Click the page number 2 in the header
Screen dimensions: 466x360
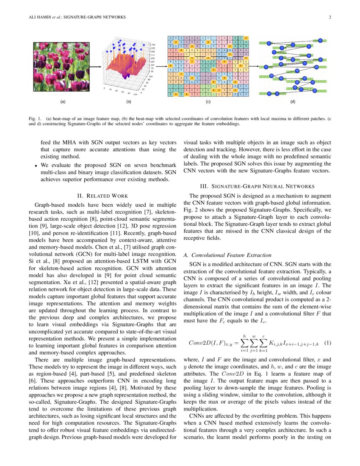click(x=330, y=17)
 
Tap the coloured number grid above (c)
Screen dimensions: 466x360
click(x=208, y=67)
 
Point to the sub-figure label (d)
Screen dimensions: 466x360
click(x=293, y=102)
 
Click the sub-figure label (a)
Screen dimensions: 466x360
click(x=63, y=102)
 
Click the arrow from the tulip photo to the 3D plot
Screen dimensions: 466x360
click(x=96, y=67)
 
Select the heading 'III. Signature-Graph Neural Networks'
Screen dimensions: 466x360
click(x=257, y=186)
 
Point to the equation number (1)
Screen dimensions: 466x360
click(x=327, y=342)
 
